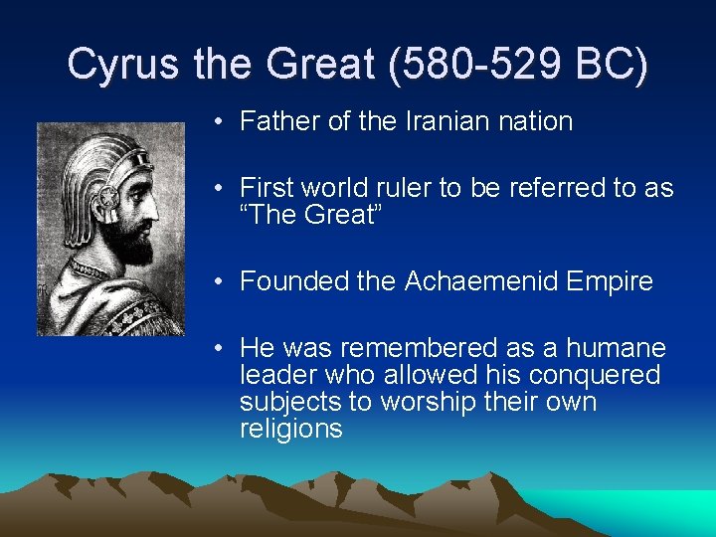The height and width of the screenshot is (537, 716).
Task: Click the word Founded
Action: (x=289, y=281)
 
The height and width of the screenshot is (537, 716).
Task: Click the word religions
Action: (x=290, y=429)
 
